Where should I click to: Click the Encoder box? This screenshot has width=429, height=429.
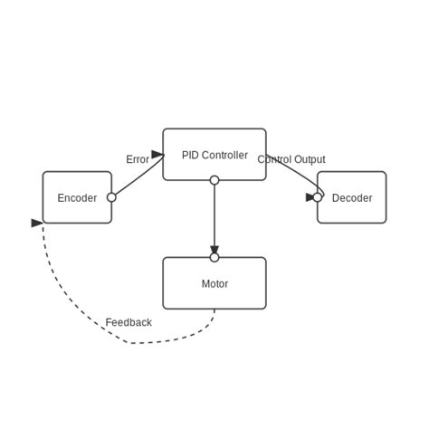[x=77, y=197]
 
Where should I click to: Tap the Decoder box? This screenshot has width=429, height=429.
[x=352, y=197]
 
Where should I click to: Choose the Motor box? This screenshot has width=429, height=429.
[x=214, y=283]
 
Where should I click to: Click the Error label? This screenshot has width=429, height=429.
[x=138, y=160]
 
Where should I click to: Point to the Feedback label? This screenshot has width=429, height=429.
[x=129, y=322]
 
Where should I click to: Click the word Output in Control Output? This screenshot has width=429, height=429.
[x=310, y=160]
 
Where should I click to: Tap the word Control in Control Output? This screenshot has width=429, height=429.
[x=274, y=160]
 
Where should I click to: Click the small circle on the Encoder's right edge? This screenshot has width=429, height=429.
[x=111, y=197]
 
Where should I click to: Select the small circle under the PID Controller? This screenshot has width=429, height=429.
[x=214, y=180]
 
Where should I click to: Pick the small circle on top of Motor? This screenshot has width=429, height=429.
[x=214, y=257]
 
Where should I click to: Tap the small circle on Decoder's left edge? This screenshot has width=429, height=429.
[x=317, y=197]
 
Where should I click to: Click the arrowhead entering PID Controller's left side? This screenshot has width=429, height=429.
[x=157, y=155]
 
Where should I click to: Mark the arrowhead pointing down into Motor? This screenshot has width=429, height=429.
[x=214, y=250]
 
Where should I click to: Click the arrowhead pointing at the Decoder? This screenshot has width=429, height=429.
[x=310, y=197]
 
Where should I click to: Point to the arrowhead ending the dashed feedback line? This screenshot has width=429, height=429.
[x=37, y=223]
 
